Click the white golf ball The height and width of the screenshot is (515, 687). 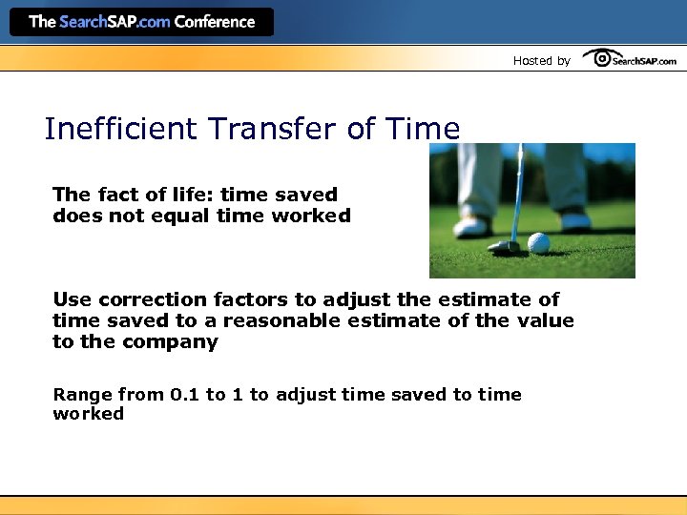539,243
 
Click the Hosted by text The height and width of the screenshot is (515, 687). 541,61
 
